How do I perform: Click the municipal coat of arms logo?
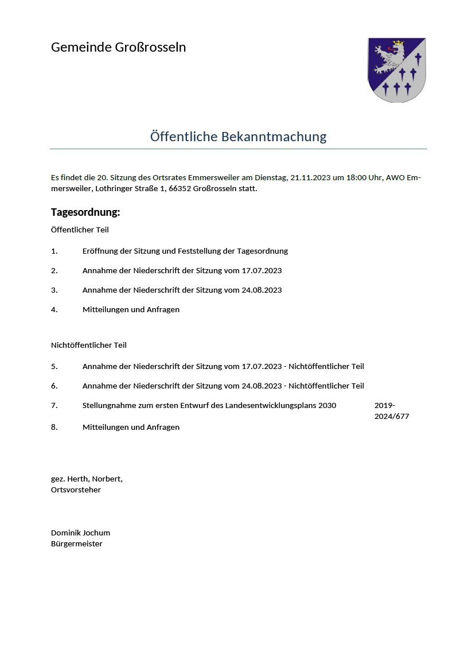(396, 70)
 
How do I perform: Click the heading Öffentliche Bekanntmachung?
(238, 137)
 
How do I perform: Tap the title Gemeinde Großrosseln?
(118, 47)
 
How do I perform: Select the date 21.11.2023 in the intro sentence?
(310, 178)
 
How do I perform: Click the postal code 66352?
(180, 188)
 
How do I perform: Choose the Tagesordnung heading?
(85, 212)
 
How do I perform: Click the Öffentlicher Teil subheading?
(80, 230)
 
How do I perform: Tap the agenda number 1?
(54, 251)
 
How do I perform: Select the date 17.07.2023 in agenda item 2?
(262, 270)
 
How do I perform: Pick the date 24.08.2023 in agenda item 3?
(262, 290)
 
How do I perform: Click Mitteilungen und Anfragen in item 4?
(131, 309)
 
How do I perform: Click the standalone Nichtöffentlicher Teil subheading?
(89, 345)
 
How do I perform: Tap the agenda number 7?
(54, 405)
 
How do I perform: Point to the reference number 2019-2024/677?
(391, 411)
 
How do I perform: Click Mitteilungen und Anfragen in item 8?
(131, 427)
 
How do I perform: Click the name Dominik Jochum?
(80, 533)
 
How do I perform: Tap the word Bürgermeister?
(77, 543)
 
